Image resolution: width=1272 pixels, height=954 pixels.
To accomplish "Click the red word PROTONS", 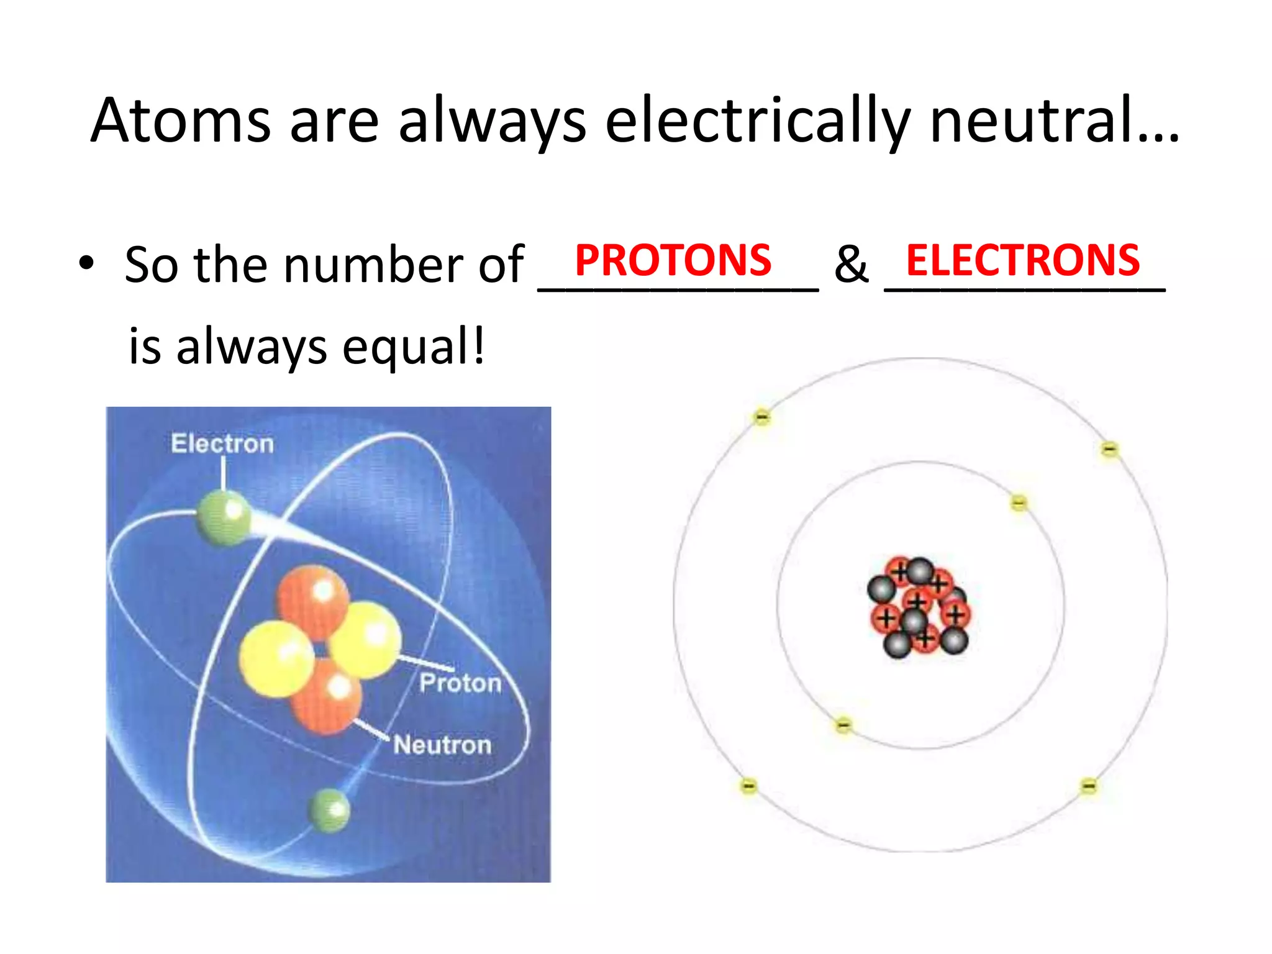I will point(673,260).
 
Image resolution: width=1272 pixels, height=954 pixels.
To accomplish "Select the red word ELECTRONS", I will point(1022,260).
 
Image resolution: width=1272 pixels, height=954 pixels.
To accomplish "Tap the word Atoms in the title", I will point(181,120).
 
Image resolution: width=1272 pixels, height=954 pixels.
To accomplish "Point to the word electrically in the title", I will point(758,122).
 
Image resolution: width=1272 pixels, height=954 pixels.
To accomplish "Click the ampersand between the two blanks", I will point(850,265).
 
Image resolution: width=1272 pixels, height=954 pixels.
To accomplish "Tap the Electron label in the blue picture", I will point(222,443).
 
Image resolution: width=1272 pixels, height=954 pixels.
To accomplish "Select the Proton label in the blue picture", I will point(460,683).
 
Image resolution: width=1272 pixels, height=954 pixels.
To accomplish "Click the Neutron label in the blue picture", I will point(442,745).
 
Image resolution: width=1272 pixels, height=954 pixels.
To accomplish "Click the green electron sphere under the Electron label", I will point(224,517).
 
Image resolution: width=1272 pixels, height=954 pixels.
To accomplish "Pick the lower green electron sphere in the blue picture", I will point(329,810).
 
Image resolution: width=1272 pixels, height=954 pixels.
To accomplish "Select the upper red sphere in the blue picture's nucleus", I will point(312,599).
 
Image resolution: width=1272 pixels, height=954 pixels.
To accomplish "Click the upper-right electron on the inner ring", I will point(1019,502).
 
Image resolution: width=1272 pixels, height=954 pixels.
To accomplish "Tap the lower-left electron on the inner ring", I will point(843,725).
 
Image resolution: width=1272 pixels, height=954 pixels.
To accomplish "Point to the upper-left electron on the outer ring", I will point(761,417).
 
